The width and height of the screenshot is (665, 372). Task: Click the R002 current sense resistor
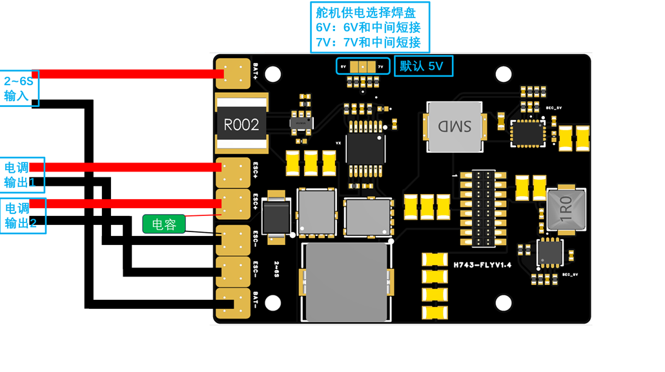(241, 124)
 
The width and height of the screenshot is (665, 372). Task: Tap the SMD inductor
(455, 126)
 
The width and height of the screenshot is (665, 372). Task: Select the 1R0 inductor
(566, 209)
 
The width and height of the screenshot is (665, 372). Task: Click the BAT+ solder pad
(232, 73)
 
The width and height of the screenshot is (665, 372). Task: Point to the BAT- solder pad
(232, 303)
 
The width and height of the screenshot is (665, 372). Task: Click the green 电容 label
(164, 224)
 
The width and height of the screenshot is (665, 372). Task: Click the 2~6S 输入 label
(19, 88)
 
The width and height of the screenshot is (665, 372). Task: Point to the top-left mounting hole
(273, 74)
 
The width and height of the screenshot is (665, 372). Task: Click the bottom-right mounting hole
(504, 302)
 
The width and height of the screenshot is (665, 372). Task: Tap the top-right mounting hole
(504, 74)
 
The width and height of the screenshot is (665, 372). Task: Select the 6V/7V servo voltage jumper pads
(363, 66)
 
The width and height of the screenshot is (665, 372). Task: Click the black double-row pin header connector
(482, 208)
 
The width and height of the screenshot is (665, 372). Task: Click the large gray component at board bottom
(347, 282)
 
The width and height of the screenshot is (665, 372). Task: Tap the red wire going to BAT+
(129, 74)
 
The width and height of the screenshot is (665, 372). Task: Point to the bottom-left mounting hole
(273, 302)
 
